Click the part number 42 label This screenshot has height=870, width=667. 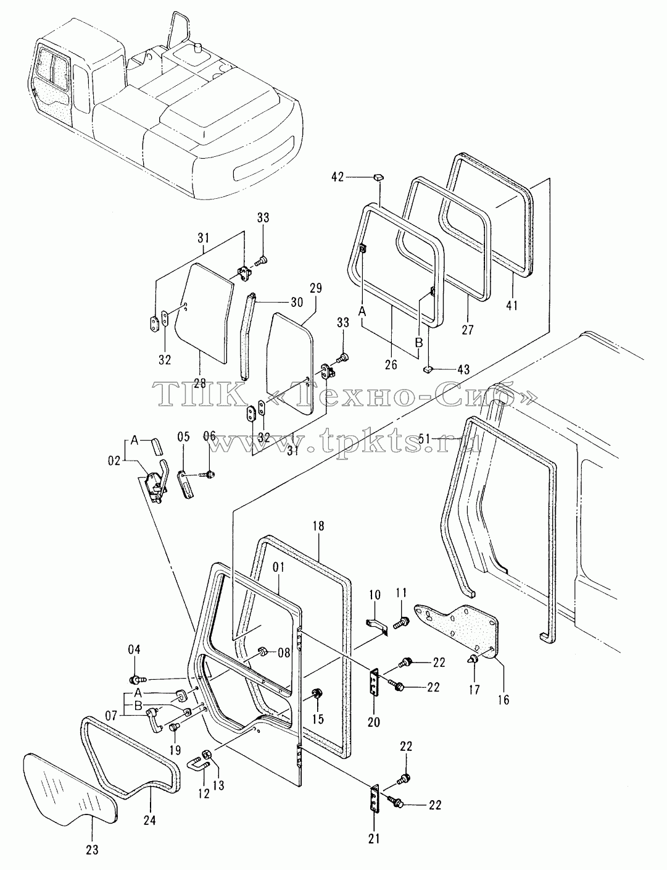point(338,177)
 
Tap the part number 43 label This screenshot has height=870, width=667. point(464,369)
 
